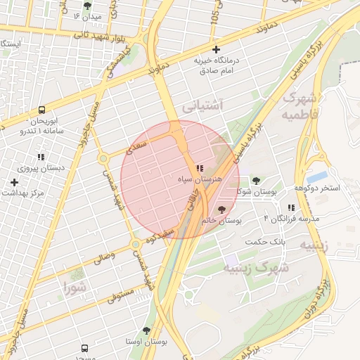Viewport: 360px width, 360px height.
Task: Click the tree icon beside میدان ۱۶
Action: pyautogui.click(x=87, y=5)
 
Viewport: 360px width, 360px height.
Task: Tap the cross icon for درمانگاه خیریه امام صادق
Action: pyautogui.click(x=216, y=49)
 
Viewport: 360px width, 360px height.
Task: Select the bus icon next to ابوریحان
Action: pyautogui.click(x=42, y=110)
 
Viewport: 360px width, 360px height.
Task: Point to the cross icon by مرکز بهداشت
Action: pyautogui.click(x=14, y=182)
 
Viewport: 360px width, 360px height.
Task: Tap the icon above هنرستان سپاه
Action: pyautogui.click(x=200, y=168)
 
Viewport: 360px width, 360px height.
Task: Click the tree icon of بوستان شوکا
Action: pyautogui.click(x=255, y=181)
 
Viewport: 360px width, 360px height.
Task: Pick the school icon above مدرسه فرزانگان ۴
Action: pyautogui.click(x=290, y=207)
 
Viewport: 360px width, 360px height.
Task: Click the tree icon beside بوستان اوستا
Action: pyautogui.click(x=146, y=330)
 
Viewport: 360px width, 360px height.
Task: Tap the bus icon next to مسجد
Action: pyautogui.click(x=85, y=348)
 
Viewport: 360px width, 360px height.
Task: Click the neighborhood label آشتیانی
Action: pyautogui.click(x=202, y=105)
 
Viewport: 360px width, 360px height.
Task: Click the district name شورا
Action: pyautogui.click(x=73, y=287)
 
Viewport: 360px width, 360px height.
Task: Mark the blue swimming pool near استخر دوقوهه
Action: pyautogui.click(x=317, y=176)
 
